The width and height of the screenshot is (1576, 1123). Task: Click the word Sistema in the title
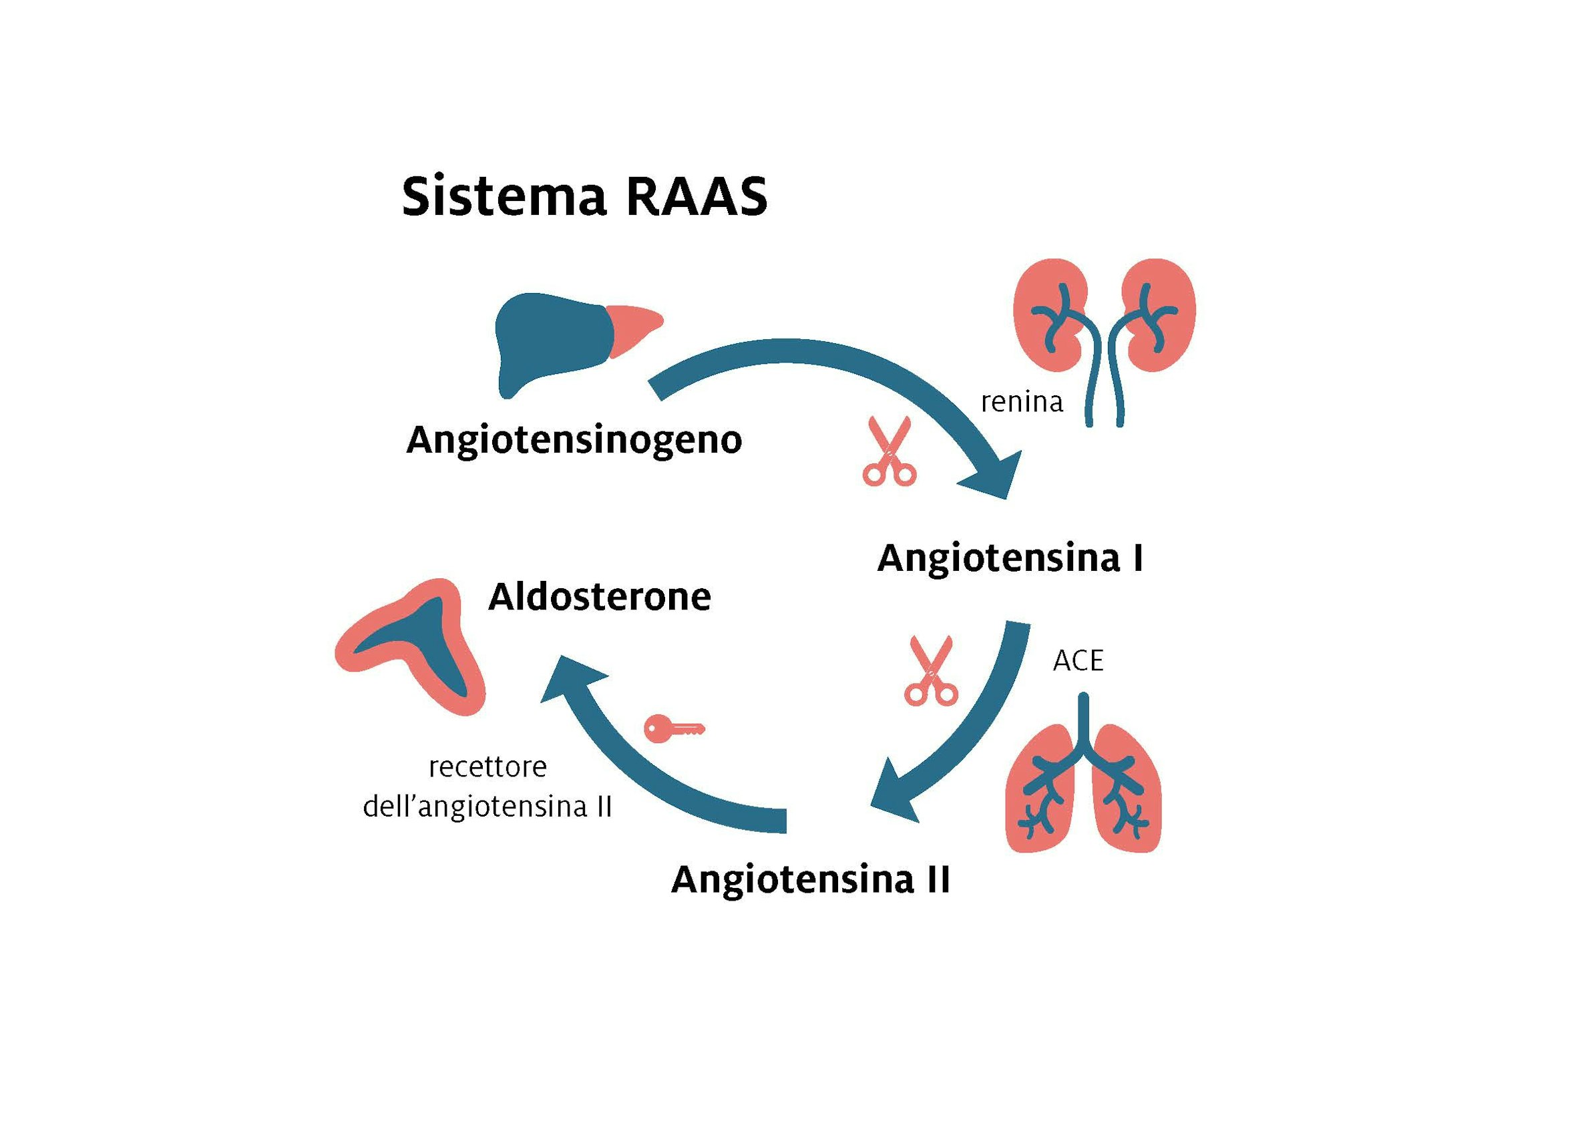504,196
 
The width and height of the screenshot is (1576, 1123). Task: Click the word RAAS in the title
697,196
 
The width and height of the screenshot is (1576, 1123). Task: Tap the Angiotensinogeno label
574,441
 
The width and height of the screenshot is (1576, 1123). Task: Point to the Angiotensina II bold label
811,879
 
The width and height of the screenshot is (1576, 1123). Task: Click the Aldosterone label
600,597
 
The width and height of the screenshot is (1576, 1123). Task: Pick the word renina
1021,402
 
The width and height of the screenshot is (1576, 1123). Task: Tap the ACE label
1078,661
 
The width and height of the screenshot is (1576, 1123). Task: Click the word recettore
488,767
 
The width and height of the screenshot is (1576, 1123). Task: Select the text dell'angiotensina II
487,807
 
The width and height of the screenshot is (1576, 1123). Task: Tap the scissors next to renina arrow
890,451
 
